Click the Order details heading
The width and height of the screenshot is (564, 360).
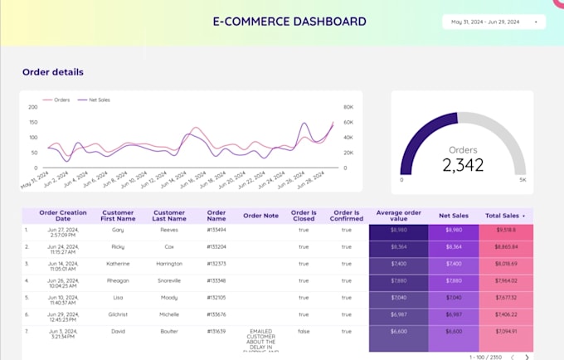pyautogui.click(x=52, y=72)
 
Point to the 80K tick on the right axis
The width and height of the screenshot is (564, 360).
pyautogui.click(x=349, y=107)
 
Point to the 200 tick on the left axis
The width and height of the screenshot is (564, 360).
pyautogui.click(x=34, y=107)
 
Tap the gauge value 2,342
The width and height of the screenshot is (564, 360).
pyautogui.click(x=462, y=164)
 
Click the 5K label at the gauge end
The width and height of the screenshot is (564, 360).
pyautogui.click(x=523, y=178)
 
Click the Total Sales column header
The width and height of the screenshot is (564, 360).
pyautogui.click(x=505, y=216)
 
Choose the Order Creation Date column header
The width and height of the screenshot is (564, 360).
pyautogui.click(x=62, y=216)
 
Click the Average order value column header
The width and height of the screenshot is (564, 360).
pyautogui.click(x=399, y=216)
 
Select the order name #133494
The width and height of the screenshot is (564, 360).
pyautogui.click(x=216, y=230)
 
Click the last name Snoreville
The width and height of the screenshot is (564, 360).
pyautogui.click(x=168, y=280)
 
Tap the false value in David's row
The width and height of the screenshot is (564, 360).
pyautogui.click(x=304, y=330)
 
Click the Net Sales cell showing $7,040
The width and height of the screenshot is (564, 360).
pyautogui.click(x=454, y=296)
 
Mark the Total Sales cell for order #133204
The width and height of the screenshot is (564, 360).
pyautogui.click(x=505, y=246)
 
